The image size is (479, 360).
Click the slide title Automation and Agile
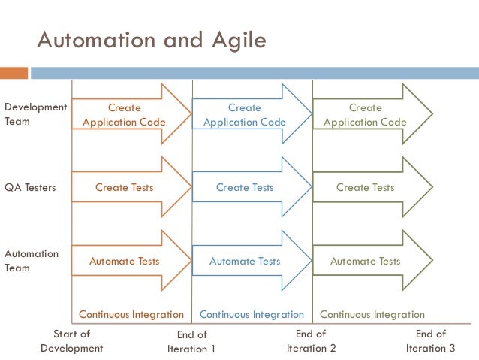pyautogui.click(x=152, y=39)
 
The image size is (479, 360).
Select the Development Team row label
pyautogui.click(x=35, y=114)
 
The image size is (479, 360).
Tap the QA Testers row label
pyautogui.click(x=30, y=187)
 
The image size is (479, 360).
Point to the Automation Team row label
pyautogui.click(x=32, y=261)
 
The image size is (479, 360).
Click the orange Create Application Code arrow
pyautogui.click(x=125, y=114)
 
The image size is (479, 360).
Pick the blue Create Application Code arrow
pyautogui.click(x=245, y=114)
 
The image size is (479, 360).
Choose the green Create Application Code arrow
pyautogui.click(x=366, y=114)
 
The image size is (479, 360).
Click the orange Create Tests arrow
pyautogui.click(x=125, y=187)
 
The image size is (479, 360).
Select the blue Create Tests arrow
pyautogui.click(x=245, y=187)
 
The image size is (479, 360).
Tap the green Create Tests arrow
pyautogui.click(x=366, y=187)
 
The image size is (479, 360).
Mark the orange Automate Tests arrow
pyautogui.click(x=125, y=261)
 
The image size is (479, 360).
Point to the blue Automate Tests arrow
pyautogui.click(x=245, y=261)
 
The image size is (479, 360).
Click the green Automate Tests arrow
pyautogui.click(x=366, y=261)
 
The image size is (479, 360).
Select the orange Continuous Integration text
pyautogui.click(x=131, y=315)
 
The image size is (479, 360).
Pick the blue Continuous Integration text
pyautogui.click(x=252, y=315)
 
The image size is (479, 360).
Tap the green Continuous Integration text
pyautogui.click(x=372, y=315)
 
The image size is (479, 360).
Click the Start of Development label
pyautogui.click(x=71, y=341)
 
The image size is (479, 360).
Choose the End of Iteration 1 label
pyautogui.click(x=191, y=342)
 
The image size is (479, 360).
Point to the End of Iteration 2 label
pyautogui.click(x=311, y=341)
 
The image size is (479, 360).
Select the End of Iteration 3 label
pyautogui.click(x=431, y=341)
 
